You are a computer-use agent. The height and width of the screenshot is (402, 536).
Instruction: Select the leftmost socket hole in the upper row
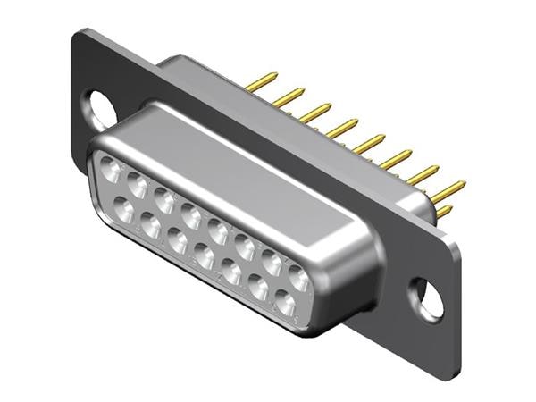pyautogui.click(x=109, y=165)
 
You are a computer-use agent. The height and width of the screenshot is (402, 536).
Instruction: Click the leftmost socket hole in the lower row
pyautogui.click(x=122, y=211)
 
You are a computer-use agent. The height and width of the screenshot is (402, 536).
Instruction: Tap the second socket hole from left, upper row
pyautogui.click(x=137, y=185)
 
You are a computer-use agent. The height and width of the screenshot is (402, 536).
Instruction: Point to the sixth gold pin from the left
pyautogui.click(x=394, y=158)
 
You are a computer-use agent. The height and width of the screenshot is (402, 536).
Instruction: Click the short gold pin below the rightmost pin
pyautogui.click(x=443, y=212)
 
